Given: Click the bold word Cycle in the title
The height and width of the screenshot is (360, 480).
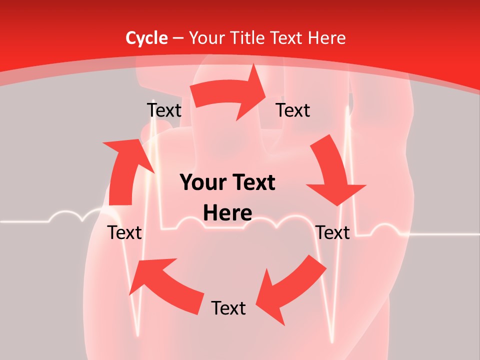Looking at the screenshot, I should (x=146, y=38).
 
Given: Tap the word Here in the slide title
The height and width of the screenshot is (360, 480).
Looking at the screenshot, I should (x=326, y=38).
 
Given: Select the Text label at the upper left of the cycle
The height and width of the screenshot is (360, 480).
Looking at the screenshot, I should (x=164, y=110).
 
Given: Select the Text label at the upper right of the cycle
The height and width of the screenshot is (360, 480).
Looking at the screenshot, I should (x=293, y=110).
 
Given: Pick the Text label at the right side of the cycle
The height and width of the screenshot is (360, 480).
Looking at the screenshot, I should (x=333, y=232).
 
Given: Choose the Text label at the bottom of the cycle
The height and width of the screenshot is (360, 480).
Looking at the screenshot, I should (x=228, y=308).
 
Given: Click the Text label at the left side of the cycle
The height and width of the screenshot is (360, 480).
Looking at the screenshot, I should (x=125, y=232).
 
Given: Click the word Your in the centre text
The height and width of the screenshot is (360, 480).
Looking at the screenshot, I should (x=202, y=183).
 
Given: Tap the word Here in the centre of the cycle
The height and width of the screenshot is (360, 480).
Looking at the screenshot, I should (x=227, y=213).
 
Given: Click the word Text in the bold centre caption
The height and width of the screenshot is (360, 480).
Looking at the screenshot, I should (x=251, y=183).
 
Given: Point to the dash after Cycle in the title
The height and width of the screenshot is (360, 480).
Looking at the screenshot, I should (x=178, y=38).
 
